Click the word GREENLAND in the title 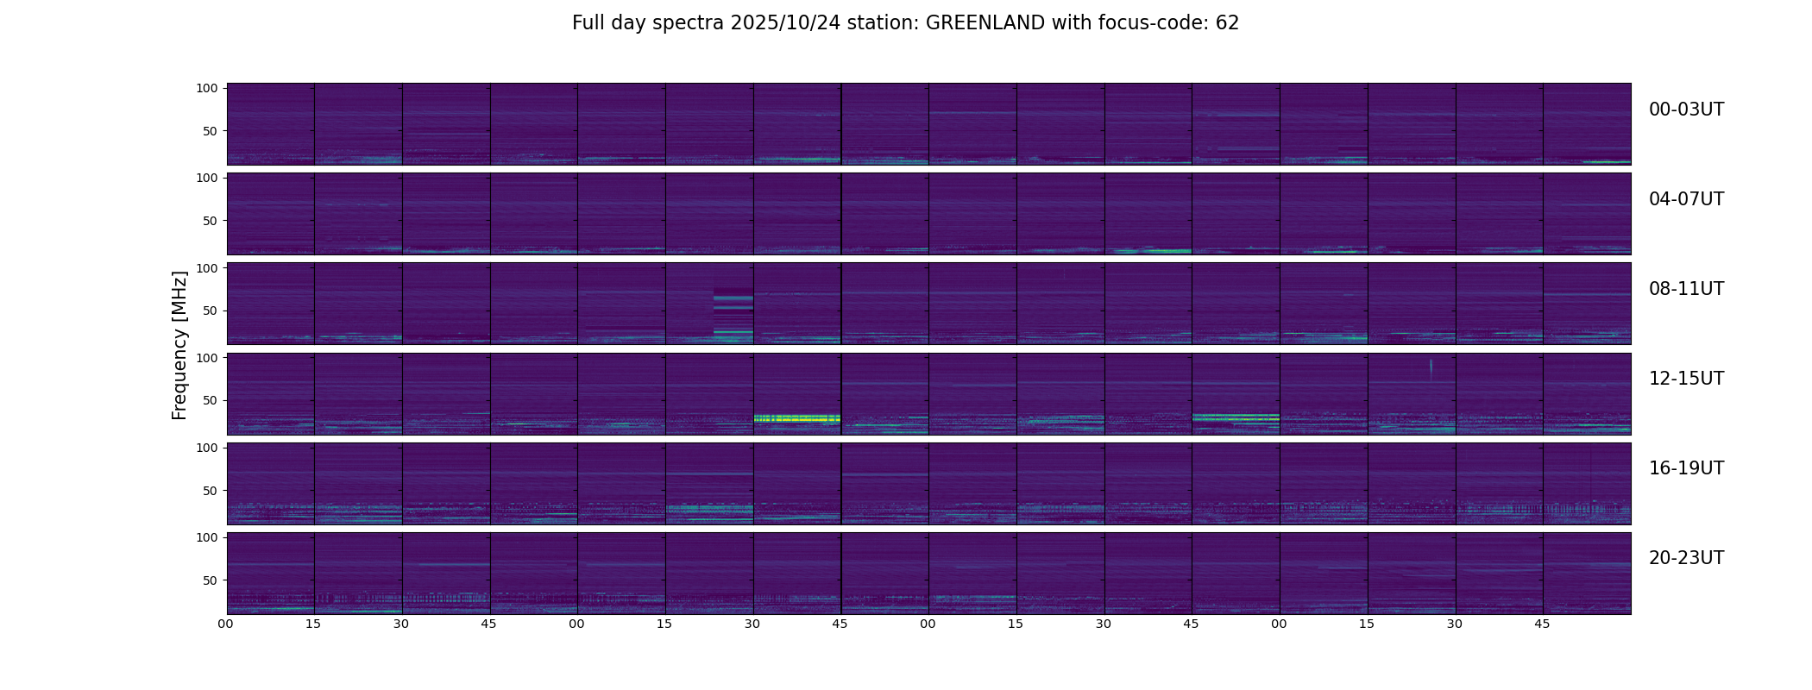(x=985, y=23)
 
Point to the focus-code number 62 (x=1227, y=23)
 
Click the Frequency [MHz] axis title (x=179, y=346)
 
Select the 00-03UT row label (x=1686, y=110)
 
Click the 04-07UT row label (x=1686, y=199)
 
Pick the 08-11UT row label (x=1686, y=289)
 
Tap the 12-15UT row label (x=1686, y=379)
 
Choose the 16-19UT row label (x=1686, y=468)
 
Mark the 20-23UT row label (x=1686, y=558)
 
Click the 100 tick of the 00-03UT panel (x=207, y=88)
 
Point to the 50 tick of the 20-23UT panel (x=210, y=580)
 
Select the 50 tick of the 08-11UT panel (x=210, y=310)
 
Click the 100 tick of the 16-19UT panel (x=207, y=448)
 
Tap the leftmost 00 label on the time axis (x=226, y=624)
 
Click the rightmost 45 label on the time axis (x=1542, y=624)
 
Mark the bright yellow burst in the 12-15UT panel (x=796, y=418)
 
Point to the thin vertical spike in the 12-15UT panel (x=1431, y=368)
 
